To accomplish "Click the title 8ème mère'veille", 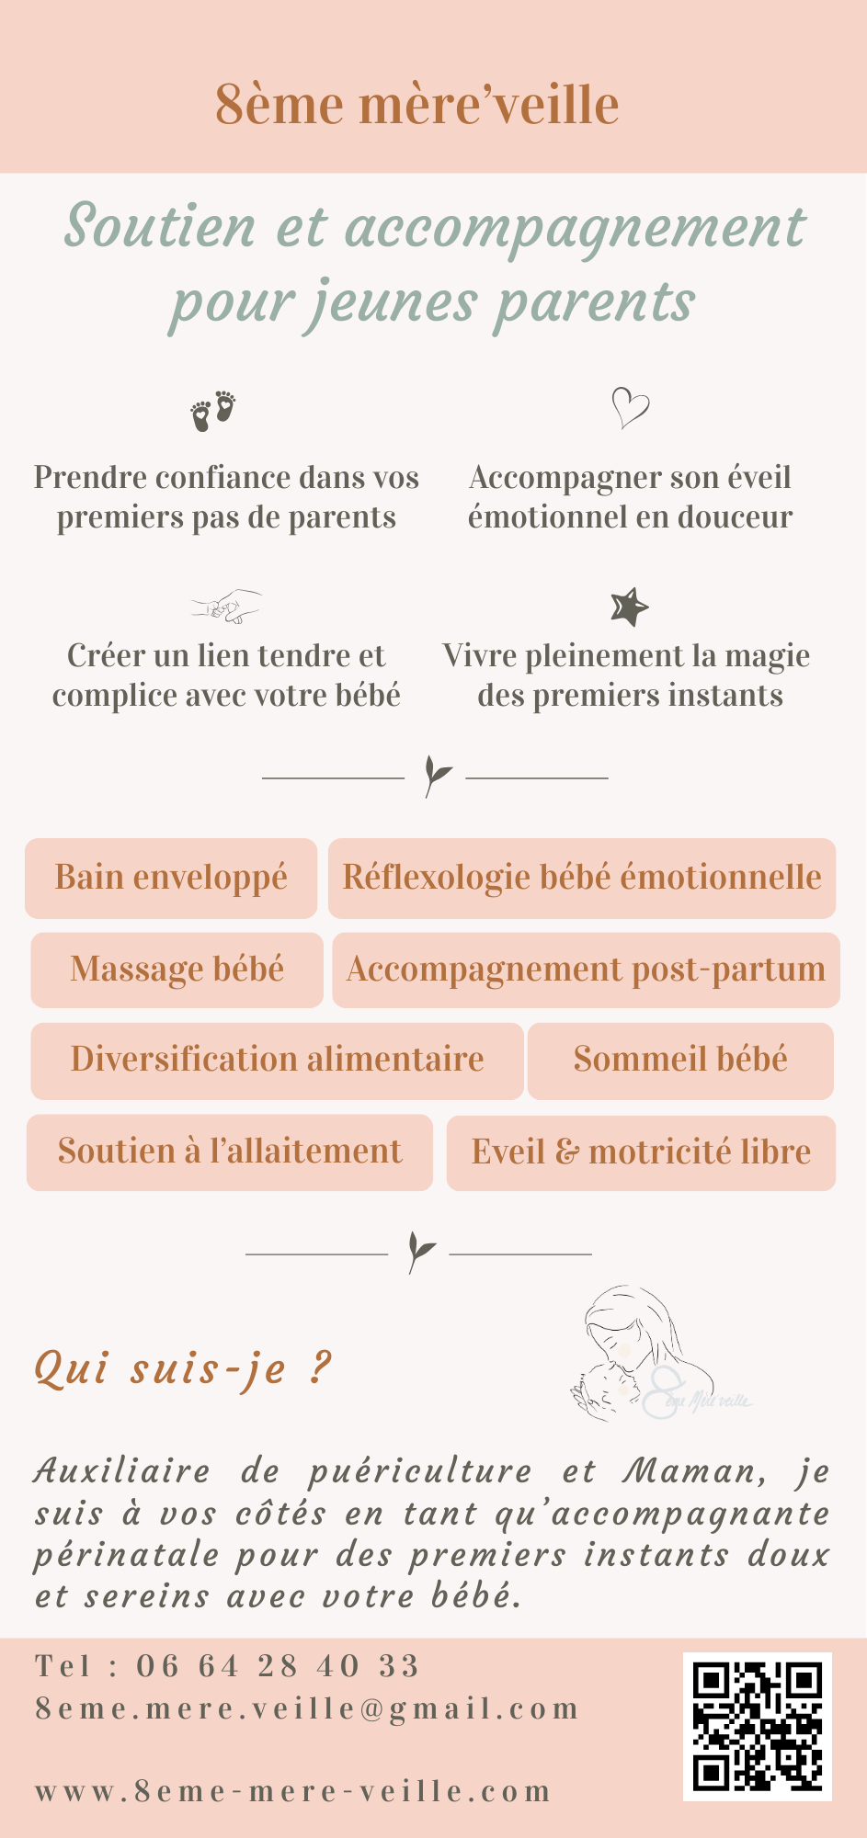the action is point(416,105).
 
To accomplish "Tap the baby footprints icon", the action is point(213,411).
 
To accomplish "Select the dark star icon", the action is point(630,607).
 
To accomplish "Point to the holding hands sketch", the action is point(226,607).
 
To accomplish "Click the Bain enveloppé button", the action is point(171,878).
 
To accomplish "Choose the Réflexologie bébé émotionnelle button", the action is point(582,878).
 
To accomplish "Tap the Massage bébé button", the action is point(177,970).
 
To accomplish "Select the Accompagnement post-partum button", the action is point(587,970).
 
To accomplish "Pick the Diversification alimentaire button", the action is point(277,1061).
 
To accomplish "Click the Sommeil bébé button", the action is point(680,1061).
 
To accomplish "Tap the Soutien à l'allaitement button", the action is point(230,1152).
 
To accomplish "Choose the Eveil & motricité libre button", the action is point(641,1152).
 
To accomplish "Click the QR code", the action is point(758,1726).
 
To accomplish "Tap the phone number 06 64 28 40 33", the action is point(278,1666).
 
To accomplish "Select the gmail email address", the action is point(307,1708).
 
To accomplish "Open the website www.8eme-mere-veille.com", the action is point(293,1791).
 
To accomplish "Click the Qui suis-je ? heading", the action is point(182,1368).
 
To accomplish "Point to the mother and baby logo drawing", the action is point(660,1354).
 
